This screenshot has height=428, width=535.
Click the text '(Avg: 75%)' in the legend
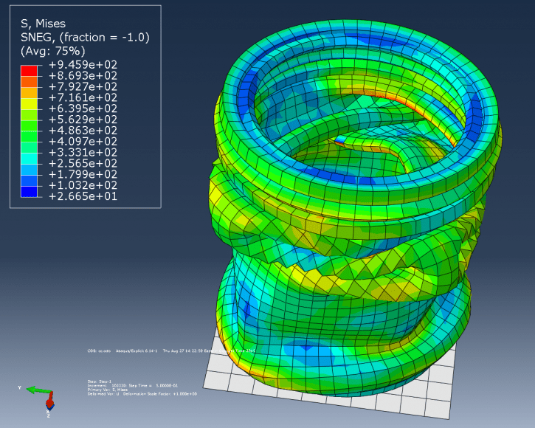click(x=52, y=51)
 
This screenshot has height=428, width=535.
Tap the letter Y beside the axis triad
click(x=20, y=387)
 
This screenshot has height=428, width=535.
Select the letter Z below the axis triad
click(x=48, y=415)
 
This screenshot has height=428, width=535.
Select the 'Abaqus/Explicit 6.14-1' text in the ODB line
click(x=130, y=351)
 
